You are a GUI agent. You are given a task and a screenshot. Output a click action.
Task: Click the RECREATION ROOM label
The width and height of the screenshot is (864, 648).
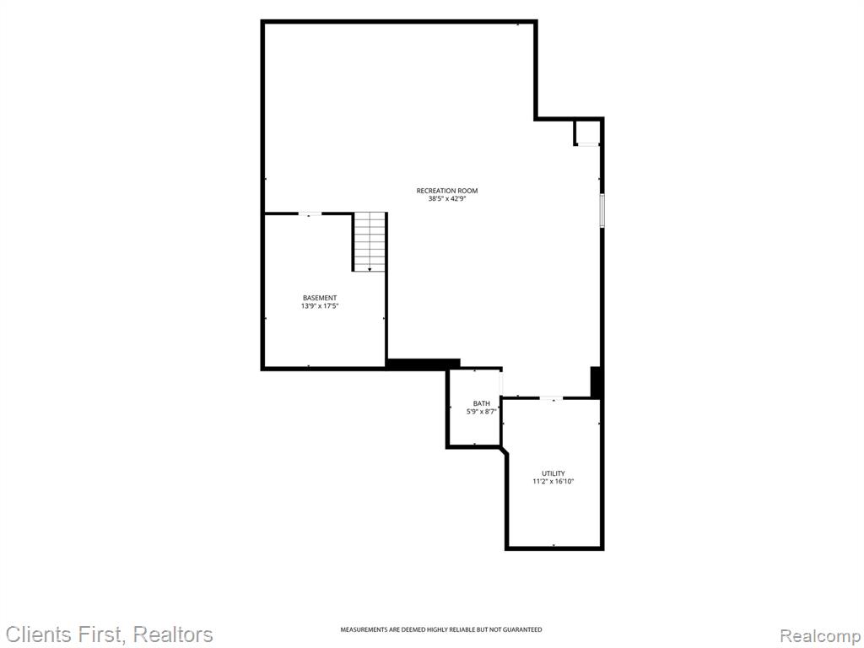447,191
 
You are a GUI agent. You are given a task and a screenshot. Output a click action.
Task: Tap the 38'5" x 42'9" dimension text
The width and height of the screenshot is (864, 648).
447,199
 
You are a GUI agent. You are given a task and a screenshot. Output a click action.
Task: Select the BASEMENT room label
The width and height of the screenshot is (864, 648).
320,298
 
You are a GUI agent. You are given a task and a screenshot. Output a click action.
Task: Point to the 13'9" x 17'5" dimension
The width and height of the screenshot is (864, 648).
320,305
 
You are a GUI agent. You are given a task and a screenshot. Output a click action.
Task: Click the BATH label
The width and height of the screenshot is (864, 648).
481,403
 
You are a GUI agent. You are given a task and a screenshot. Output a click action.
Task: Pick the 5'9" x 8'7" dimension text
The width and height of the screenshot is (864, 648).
481,411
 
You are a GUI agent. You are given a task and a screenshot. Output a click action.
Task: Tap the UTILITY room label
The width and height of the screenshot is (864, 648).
553,473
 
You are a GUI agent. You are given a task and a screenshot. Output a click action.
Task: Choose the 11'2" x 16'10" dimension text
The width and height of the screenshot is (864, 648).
553,482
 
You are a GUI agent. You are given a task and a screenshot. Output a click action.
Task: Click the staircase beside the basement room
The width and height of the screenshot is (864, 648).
370,241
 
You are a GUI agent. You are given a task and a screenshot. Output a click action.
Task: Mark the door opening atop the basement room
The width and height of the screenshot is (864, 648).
310,213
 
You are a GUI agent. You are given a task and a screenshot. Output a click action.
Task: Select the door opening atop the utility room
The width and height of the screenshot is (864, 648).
551,398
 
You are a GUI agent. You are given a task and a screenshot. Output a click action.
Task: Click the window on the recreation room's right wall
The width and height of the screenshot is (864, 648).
602,210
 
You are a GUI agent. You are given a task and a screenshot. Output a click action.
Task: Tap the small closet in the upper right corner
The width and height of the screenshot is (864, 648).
587,132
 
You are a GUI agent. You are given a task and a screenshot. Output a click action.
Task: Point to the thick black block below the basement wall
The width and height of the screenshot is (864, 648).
424,364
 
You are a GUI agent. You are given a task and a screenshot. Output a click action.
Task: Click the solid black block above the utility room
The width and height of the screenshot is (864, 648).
595,381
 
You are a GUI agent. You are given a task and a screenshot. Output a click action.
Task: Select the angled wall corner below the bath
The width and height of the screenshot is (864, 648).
505,451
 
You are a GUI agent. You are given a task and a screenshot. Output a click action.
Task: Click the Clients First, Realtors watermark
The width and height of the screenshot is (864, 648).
109,634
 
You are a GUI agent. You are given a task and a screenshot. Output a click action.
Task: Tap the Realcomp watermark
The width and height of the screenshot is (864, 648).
820,636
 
